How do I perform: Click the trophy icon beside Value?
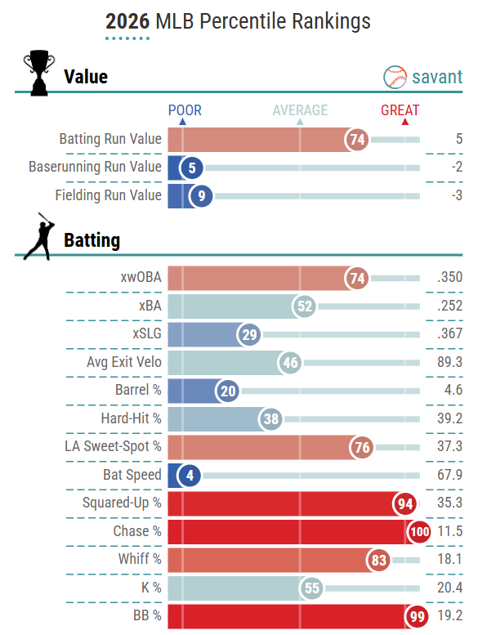[39, 73]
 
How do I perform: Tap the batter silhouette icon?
[39, 236]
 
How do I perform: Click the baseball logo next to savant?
[395, 77]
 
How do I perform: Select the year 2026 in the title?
[127, 21]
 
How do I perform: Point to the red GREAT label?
[400, 110]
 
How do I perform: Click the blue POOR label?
[185, 110]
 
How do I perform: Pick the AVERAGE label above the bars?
[300, 110]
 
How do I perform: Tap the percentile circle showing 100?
[420, 531]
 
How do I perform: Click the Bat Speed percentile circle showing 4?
[190, 475]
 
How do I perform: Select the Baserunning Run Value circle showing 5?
[192, 168]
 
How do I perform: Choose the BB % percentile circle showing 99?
[417, 616]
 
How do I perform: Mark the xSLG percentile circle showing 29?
[249, 334]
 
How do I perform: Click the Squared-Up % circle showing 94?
[404, 503]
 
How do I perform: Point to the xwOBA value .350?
[449, 277]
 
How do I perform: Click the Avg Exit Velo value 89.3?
[449, 362]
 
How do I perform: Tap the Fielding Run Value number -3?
[457, 195]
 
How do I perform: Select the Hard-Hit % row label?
[131, 418]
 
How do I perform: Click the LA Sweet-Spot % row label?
[113, 446]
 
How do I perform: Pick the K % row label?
[151, 588]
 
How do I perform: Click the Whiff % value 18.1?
[449, 559]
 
